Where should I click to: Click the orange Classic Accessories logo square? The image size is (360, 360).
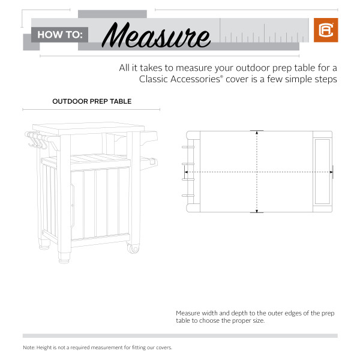click(326, 30)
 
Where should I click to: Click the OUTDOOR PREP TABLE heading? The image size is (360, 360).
click(92, 101)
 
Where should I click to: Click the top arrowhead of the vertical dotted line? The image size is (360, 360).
click(257, 133)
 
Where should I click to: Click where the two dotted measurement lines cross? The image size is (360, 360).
click(257, 172)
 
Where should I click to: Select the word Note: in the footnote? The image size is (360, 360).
click(29, 347)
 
